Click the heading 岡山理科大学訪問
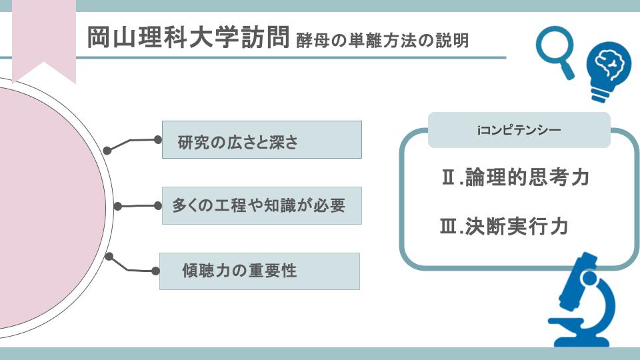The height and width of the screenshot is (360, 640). pyautogui.click(x=188, y=37)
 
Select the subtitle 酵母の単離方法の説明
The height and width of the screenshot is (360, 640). pyautogui.click(x=383, y=41)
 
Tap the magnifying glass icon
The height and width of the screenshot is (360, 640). pyautogui.click(x=555, y=52)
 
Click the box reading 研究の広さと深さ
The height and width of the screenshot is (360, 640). pyautogui.click(x=261, y=139)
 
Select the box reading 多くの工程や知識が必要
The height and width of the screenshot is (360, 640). pyautogui.click(x=261, y=206)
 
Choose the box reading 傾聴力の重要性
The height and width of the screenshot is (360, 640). pyautogui.click(x=259, y=271)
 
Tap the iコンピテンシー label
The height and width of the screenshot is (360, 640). pyautogui.click(x=519, y=130)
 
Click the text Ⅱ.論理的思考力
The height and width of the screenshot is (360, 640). pyautogui.click(x=515, y=177)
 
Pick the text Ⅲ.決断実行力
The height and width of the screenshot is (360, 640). pyautogui.click(x=505, y=227)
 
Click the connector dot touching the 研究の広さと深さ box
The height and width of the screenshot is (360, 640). pyautogui.click(x=158, y=140)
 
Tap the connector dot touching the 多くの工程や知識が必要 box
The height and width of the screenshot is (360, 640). pyautogui.click(x=158, y=206)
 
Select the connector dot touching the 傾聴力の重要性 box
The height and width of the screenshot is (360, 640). pyautogui.click(x=155, y=271)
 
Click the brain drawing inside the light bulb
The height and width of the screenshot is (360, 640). pyautogui.click(x=609, y=64)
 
